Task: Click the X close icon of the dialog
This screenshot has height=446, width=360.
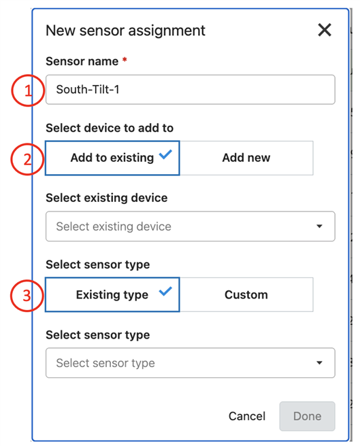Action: (325, 30)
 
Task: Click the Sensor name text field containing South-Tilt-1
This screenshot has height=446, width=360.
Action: (191, 90)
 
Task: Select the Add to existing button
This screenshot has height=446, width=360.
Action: (112, 158)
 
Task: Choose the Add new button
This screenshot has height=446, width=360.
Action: (246, 158)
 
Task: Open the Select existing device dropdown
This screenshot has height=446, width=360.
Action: (191, 226)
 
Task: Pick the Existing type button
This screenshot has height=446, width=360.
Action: (112, 294)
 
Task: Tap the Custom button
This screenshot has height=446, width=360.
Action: (246, 294)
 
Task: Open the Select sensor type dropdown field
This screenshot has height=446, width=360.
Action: (191, 363)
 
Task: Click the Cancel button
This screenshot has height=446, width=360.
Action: (247, 416)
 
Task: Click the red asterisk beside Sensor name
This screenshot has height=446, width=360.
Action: (125, 60)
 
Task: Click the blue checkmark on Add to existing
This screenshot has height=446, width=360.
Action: (165, 154)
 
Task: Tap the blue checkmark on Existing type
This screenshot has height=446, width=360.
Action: (165, 291)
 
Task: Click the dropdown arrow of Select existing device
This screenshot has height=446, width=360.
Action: (320, 226)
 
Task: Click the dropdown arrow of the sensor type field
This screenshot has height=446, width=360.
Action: (320, 363)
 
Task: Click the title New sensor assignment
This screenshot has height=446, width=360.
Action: (125, 31)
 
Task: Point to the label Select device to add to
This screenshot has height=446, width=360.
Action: (110, 128)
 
